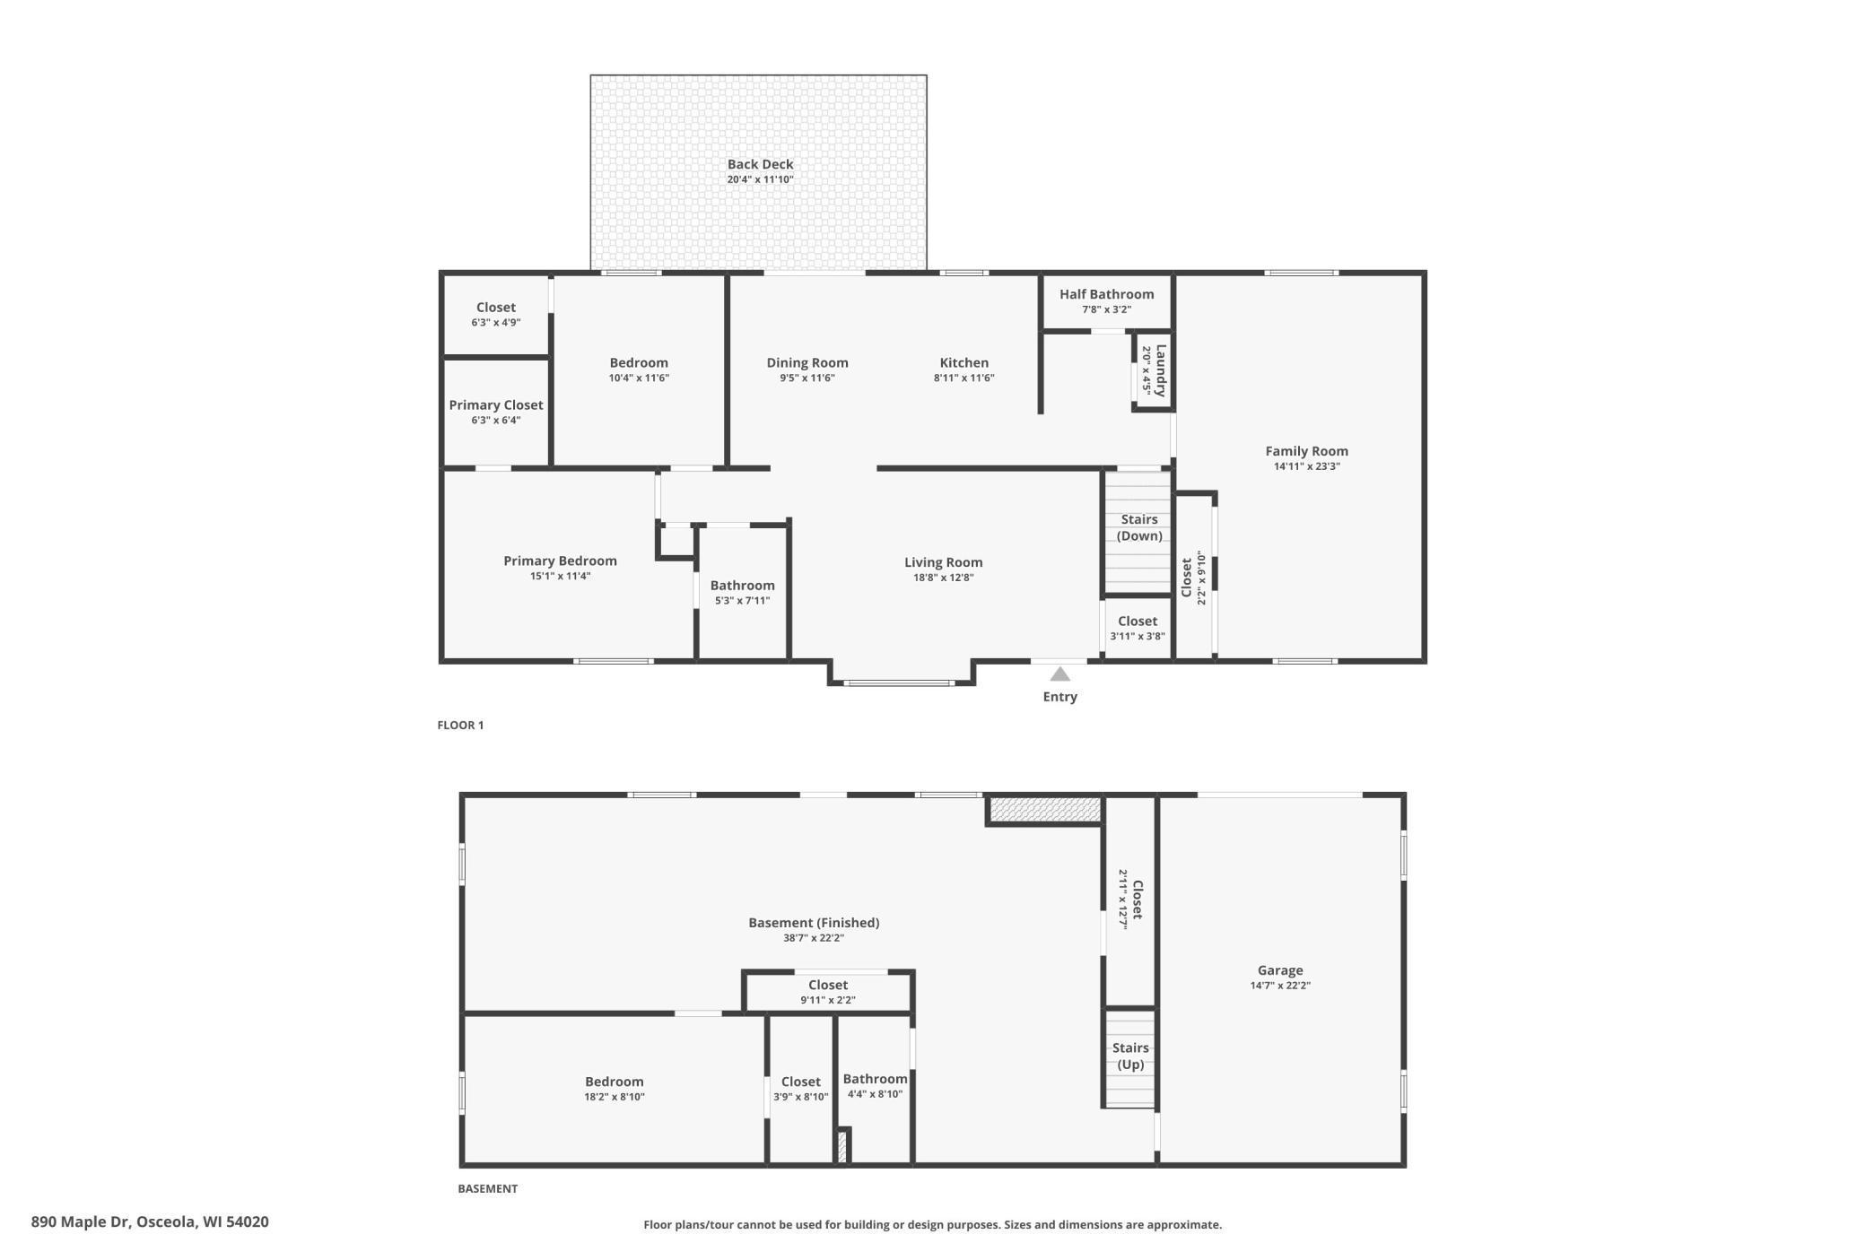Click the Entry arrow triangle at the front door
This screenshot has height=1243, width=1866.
pyautogui.click(x=1060, y=674)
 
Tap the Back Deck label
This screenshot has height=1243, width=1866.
pyautogui.click(x=760, y=164)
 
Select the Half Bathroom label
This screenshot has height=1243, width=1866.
pyautogui.click(x=1106, y=294)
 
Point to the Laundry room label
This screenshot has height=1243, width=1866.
pyautogui.click(x=1161, y=370)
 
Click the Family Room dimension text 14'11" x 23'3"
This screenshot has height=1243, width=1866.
pyautogui.click(x=1306, y=466)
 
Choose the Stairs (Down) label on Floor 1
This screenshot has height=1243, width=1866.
pyautogui.click(x=1139, y=527)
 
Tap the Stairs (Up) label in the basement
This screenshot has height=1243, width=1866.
pyautogui.click(x=1130, y=1056)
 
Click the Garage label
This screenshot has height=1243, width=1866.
pyautogui.click(x=1280, y=969)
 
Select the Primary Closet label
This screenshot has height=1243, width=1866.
pyautogui.click(x=496, y=405)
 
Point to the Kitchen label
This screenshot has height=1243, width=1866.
pyautogui.click(x=964, y=362)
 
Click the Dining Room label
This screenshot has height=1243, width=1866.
pyautogui.click(x=807, y=362)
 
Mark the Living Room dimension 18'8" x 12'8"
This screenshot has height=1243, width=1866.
pyautogui.click(x=944, y=578)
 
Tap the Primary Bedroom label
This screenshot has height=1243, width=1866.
pyautogui.click(x=560, y=561)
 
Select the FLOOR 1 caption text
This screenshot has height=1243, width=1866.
pyautogui.click(x=460, y=725)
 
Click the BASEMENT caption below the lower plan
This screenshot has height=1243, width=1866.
pyautogui.click(x=488, y=1188)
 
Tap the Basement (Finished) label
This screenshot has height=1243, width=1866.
pyautogui.click(x=814, y=923)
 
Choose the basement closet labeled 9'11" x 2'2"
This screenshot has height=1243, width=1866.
pyautogui.click(x=828, y=991)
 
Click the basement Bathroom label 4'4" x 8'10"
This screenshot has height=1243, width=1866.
pyautogui.click(x=875, y=1085)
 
